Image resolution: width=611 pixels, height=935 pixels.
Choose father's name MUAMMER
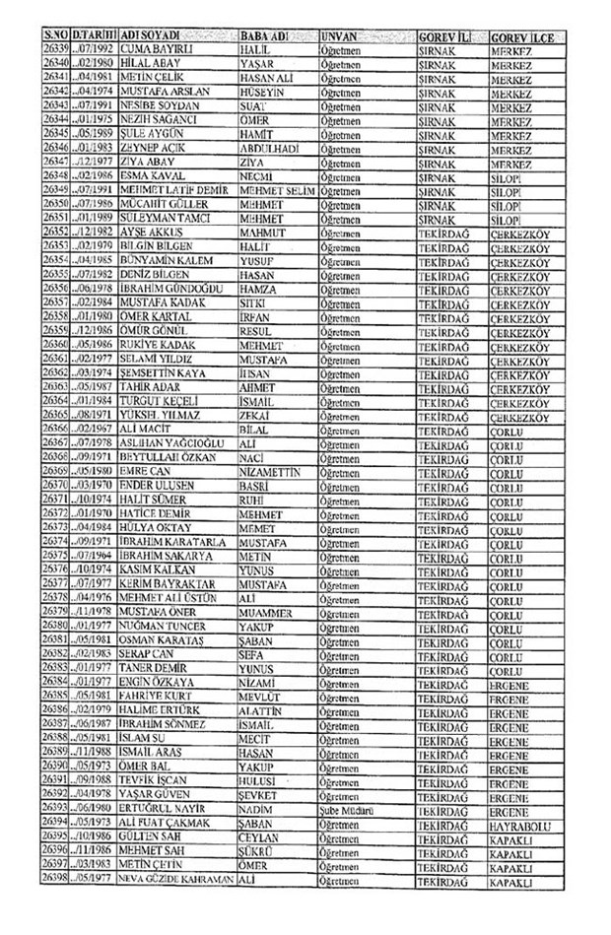tap(268, 611)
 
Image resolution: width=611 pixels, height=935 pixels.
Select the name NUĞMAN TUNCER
tap(163, 626)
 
